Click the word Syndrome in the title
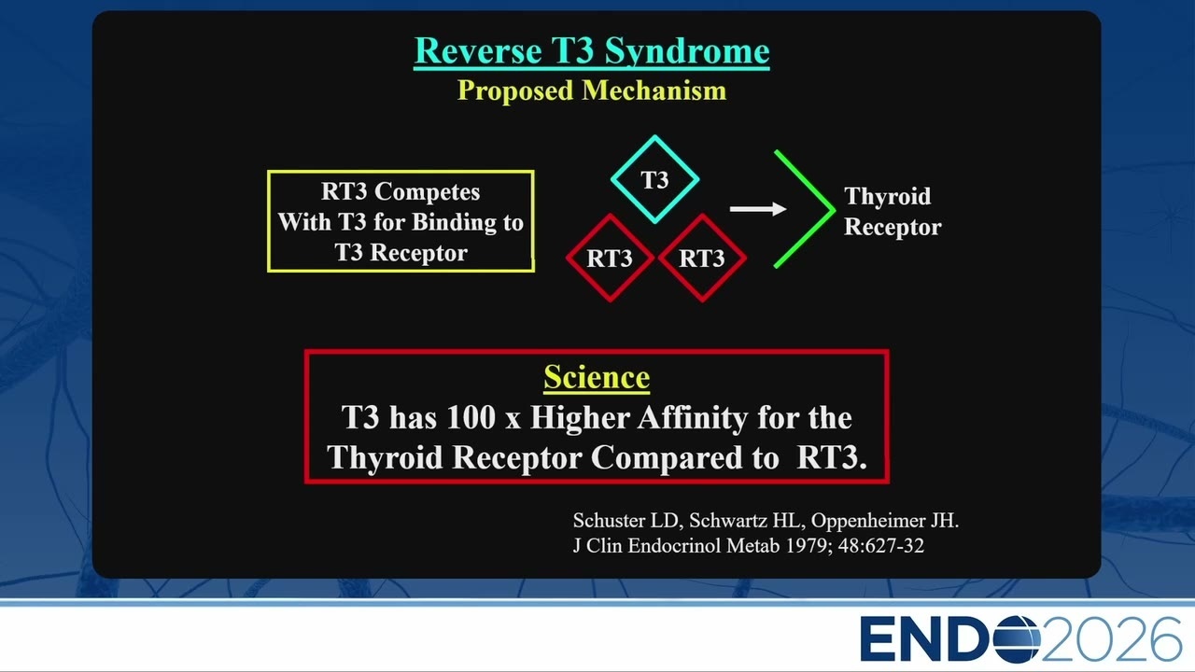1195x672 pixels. pos(687,51)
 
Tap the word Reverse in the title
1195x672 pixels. pos(478,50)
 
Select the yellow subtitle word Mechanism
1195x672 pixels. pos(654,91)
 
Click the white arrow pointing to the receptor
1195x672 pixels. pos(758,208)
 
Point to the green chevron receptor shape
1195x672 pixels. pos(834,210)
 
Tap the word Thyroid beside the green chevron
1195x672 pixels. pos(887,196)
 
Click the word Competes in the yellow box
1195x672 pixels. pos(427,192)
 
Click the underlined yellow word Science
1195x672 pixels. pos(597,378)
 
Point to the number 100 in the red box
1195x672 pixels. pos(471,417)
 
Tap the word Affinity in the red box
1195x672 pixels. pos(693,417)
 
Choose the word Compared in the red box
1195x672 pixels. pos(685,457)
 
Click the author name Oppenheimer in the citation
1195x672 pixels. pos(868,521)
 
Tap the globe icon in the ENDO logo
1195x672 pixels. pos(1018,638)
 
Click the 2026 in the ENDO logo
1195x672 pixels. pos(1111,638)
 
